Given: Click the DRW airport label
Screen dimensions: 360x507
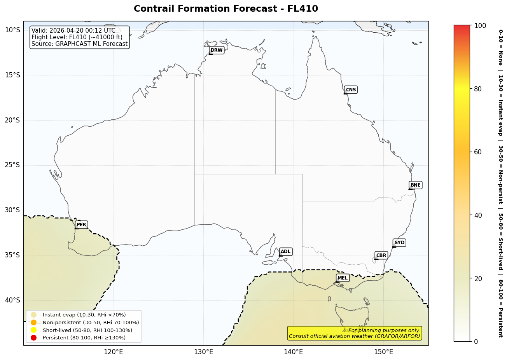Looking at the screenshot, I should pyautogui.click(x=217, y=50).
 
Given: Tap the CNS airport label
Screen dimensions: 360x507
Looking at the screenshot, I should pyautogui.click(x=351, y=90).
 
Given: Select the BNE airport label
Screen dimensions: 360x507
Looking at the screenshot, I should pyautogui.click(x=415, y=185).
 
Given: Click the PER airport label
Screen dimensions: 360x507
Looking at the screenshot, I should pyautogui.click(x=81, y=225).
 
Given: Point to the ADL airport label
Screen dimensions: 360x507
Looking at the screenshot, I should pyautogui.click(x=285, y=252).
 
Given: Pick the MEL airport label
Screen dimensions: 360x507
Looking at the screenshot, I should pyautogui.click(x=342, y=278).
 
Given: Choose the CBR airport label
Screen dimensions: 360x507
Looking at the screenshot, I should pyautogui.click(x=381, y=255).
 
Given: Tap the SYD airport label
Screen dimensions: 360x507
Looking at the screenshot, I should pyautogui.click(x=399, y=243).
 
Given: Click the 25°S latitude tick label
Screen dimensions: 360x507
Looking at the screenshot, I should pyautogui.click(x=12, y=165).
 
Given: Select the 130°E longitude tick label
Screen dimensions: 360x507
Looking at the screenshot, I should pyautogui.click(x=203, y=352).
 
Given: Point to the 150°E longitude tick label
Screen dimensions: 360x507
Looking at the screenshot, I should pyautogui.click(x=383, y=352).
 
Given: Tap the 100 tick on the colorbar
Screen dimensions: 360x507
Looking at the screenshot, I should pyautogui.click(x=480, y=26).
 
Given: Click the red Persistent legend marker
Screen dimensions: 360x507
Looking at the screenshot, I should pyautogui.click(x=33, y=337).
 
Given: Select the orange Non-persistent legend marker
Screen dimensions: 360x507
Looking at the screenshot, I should pyautogui.click(x=33, y=322).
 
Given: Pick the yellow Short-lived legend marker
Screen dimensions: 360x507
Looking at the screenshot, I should pyautogui.click(x=33, y=330).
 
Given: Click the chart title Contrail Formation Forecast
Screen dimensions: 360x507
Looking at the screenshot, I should pyautogui.click(x=226, y=9).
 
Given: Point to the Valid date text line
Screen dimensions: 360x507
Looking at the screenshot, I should pyautogui.click(x=73, y=31).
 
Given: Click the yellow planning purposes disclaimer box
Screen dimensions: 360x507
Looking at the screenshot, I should pyautogui.click(x=354, y=333).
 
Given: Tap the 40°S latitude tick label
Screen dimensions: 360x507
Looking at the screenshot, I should pyautogui.click(x=12, y=300).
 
